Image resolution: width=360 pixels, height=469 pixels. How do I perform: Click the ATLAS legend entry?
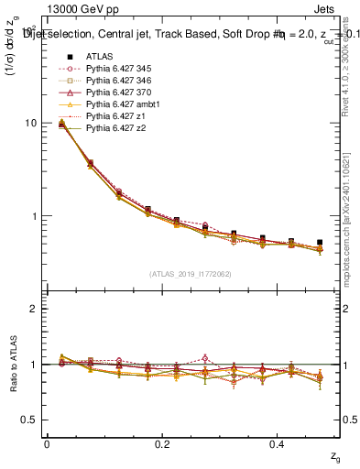click(101, 57)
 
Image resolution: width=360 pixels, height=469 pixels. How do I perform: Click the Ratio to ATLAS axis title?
click(15, 365)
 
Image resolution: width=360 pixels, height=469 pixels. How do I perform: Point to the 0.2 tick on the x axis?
click(162, 443)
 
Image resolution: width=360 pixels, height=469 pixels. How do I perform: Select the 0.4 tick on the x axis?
click(278, 443)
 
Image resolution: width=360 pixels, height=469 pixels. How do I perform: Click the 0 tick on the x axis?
click(47, 443)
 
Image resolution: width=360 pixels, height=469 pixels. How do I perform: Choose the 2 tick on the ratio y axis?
click(32, 309)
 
